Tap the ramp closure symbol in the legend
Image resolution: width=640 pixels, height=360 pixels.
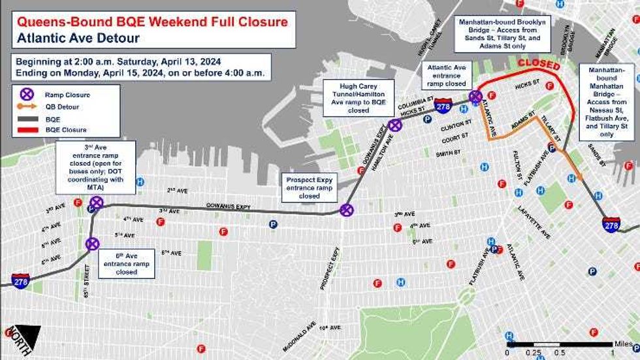[x=27, y=94]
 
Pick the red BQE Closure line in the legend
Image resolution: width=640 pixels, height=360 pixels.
[x=27, y=130]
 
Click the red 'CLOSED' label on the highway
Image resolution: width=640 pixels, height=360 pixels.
[x=539, y=65]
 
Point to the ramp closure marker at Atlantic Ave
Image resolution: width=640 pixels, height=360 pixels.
[x=475, y=97]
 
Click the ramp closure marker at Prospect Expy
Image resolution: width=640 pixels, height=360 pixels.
[x=347, y=210]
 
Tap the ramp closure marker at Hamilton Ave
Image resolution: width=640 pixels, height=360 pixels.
[x=394, y=125]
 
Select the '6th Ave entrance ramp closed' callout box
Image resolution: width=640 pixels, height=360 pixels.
[x=127, y=263]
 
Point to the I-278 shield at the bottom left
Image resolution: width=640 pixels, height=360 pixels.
[x=20, y=281]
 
